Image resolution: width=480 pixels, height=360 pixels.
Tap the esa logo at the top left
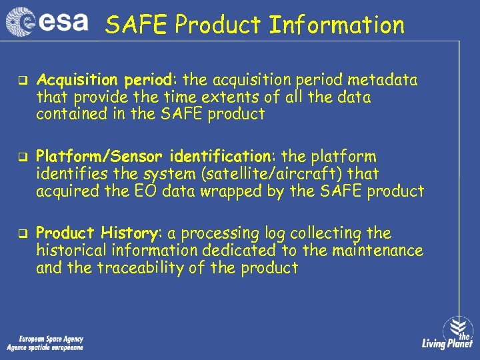click(47, 21)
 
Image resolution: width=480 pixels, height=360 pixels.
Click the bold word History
click(129, 233)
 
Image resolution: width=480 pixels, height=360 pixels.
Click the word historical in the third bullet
click(70, 251)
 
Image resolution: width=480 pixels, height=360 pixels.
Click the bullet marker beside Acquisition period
click(21, 81)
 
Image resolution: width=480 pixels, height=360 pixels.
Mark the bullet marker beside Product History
click(21, 234)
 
